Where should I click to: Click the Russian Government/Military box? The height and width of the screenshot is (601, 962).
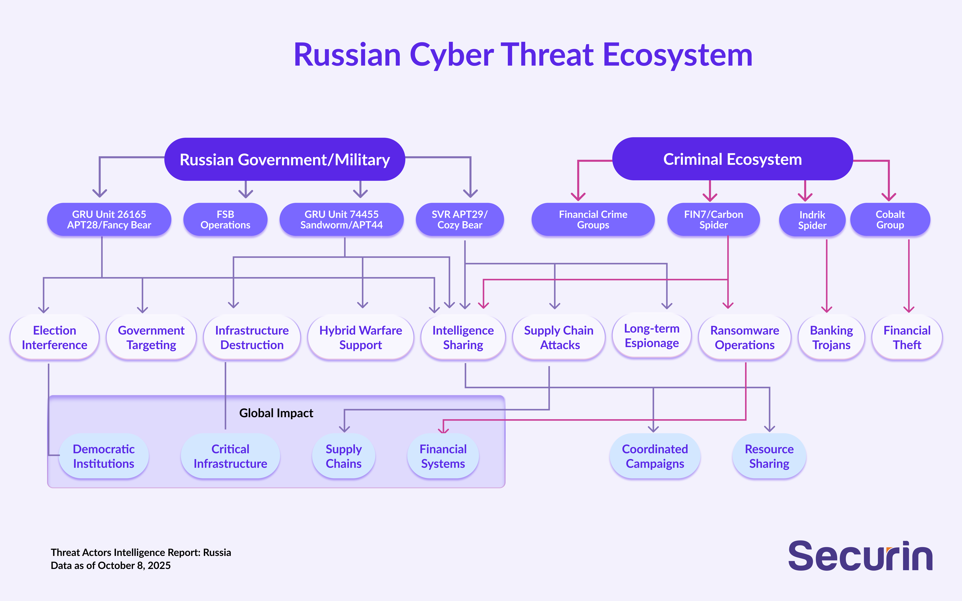[x=285, y=159]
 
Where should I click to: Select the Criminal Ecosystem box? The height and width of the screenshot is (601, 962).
[x=732, y=159]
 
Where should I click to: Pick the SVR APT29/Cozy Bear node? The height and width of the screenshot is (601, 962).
[x=459, y=219]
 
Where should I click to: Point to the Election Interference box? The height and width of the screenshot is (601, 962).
[x=54, y=337]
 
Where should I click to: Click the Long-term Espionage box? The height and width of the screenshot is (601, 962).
[x=652, y=336]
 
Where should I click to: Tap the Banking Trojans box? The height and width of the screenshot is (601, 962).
[x=831, y=337]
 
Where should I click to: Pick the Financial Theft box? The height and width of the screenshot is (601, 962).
[x=907, y=337]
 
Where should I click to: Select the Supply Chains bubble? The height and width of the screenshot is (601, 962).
[x=343, y=456]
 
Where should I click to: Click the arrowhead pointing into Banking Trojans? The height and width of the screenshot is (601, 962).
[x=826, y=309]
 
